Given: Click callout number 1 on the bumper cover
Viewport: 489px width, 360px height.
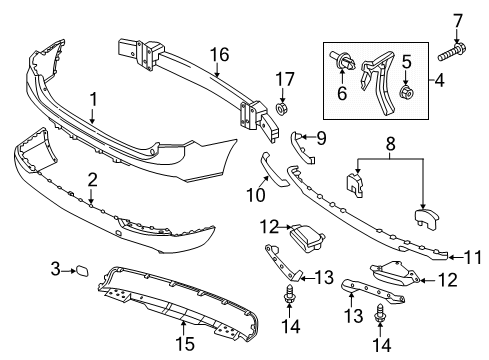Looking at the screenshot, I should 92,100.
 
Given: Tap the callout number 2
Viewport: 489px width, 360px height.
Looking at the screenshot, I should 92,180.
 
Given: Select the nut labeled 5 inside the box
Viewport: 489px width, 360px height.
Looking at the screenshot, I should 407,95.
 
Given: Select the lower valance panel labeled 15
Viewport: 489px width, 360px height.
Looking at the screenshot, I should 170,305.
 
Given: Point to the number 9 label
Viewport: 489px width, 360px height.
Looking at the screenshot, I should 323,137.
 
